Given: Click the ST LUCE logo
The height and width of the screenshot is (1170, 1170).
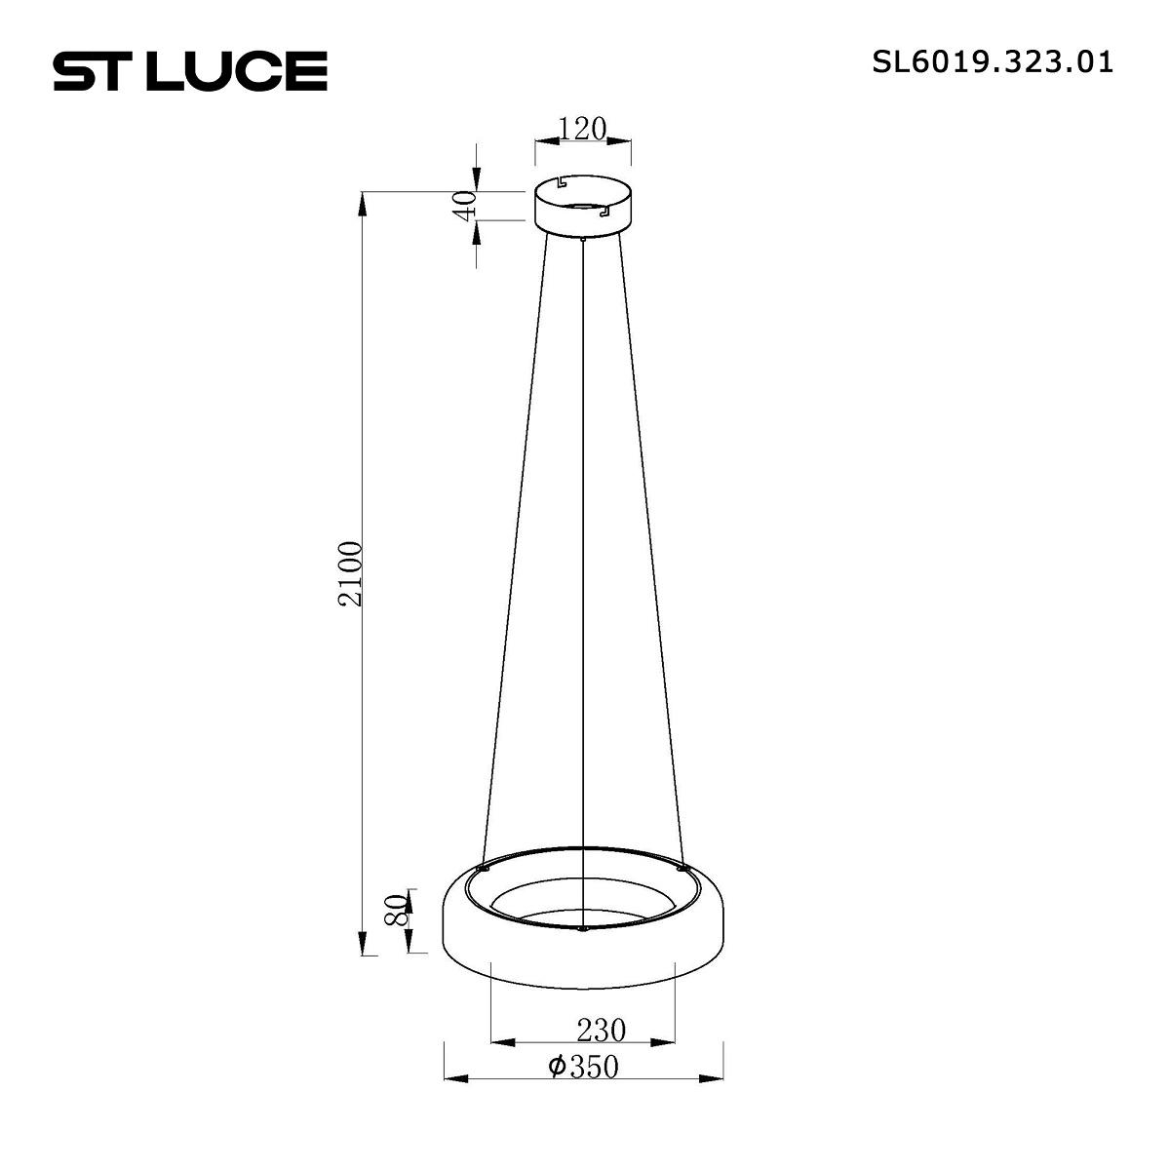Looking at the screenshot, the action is pos(190,71).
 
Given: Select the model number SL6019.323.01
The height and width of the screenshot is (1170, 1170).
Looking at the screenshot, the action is pos(993,62).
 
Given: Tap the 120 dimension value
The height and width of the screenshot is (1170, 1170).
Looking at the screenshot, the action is pos(582,129).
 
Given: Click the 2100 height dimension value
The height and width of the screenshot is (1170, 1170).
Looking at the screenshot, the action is pos(351,573).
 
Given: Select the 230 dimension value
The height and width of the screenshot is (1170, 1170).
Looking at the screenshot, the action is pos(602,1031).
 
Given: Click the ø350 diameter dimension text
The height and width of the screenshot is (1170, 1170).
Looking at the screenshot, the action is pos(583,1067).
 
